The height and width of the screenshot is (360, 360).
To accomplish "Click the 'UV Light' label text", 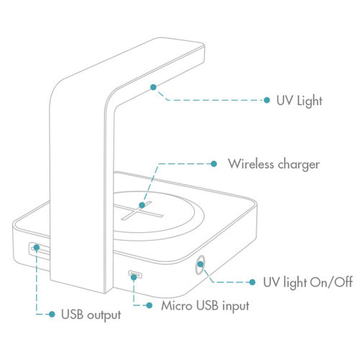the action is (299, 101).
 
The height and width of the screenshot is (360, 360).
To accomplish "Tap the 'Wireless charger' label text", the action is (274, 165).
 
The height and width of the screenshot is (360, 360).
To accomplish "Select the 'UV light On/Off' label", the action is (308, 282).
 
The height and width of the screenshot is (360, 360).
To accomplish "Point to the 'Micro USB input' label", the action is (205, 306).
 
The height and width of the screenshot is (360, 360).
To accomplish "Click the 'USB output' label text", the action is (91, 315).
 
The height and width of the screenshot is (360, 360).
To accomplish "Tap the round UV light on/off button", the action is (200, 264).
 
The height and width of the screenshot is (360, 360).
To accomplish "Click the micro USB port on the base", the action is (135, 274).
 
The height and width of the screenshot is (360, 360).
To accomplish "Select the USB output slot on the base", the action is (40, 251).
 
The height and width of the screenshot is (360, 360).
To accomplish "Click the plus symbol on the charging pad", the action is (139, 211).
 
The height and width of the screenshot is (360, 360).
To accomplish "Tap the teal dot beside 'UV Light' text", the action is (267, 100).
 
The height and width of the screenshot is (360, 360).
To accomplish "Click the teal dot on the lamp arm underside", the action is (153, 87).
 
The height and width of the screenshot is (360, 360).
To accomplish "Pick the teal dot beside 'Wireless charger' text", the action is (214, 164).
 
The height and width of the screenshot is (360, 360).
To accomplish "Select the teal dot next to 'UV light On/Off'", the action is (252, 282).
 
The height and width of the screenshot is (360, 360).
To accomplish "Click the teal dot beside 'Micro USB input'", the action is (149, 305).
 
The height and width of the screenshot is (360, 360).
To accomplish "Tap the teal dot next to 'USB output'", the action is (52, 314).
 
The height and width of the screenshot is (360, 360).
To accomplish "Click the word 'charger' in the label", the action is (299, 165).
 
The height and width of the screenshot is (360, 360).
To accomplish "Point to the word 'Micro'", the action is (177, 305).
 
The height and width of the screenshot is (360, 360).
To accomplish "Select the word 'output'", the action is (104, 315).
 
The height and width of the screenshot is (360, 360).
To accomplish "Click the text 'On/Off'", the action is (331, 282).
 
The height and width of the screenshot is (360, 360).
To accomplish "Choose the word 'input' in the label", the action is (236, 307).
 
